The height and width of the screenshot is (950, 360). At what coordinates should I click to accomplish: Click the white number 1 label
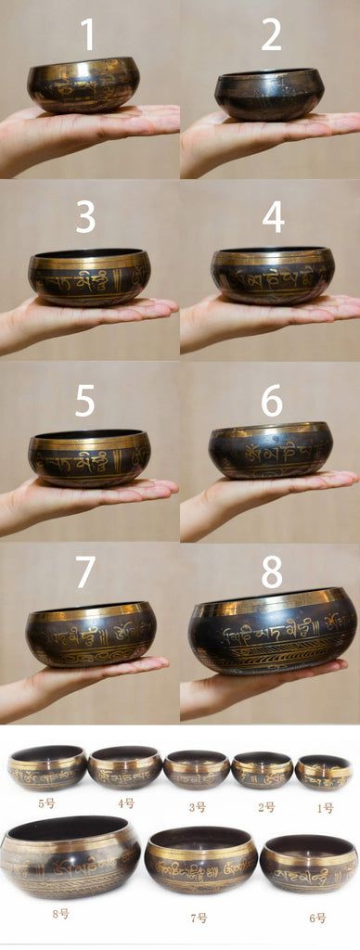click(87, 34)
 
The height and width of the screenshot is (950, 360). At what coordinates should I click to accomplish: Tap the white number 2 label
click(271, 34)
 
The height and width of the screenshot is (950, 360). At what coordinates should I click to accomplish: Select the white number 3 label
click(85, 217)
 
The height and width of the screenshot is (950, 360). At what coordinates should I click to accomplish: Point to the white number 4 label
click(273, 217)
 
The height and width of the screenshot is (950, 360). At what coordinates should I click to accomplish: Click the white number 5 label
click(85, 401)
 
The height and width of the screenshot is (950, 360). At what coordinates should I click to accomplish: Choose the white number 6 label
click(272, 401)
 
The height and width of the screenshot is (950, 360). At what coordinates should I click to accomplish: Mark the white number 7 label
click(85, 571)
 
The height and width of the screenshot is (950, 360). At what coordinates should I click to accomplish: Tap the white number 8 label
click(272, 571)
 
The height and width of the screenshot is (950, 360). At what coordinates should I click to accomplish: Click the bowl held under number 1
click(83, 85)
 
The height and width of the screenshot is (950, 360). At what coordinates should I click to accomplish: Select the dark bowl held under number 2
click(269, 95)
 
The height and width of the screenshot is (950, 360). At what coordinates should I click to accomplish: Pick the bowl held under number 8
click(273, 632)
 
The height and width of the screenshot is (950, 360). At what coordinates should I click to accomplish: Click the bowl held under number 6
click(270, 451)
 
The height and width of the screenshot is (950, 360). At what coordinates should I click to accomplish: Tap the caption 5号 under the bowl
click(46, 802)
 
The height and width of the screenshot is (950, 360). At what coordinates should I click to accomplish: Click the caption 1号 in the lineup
click(324, 807)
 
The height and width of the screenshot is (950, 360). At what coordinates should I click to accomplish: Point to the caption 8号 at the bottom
click(60, 914)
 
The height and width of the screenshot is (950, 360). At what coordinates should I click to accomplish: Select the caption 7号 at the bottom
click(199, 918)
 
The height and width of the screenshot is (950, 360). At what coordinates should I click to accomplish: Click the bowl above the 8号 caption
click(70, 856)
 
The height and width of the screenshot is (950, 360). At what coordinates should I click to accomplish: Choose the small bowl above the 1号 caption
click(324, 772)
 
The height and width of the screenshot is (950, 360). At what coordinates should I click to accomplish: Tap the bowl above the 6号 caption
click(308, 864)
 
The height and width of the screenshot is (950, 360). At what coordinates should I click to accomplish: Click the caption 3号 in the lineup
click(197, 807)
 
